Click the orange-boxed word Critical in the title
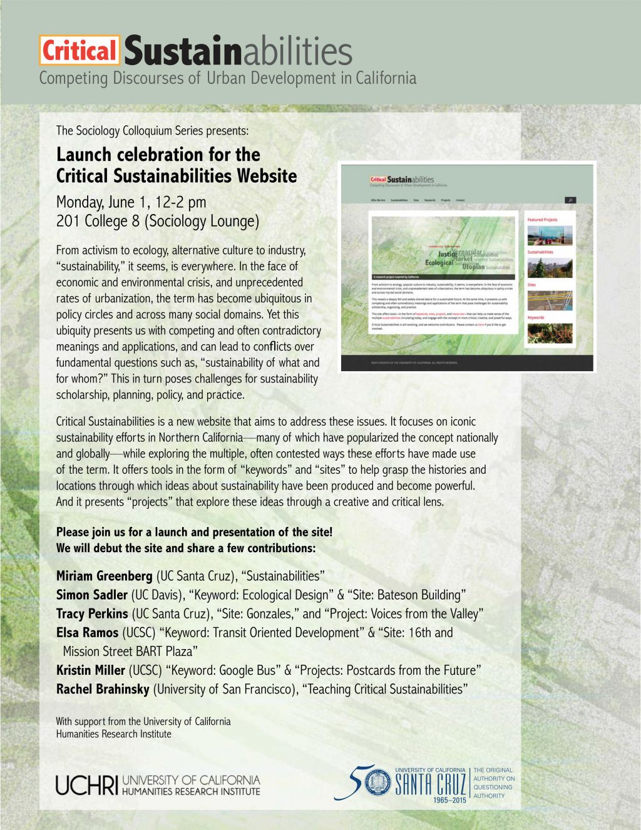[x=79, y=51]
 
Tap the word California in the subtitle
[x=386, y=79]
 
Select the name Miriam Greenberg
[x=104, y=576]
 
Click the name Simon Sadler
[x=91, y=595]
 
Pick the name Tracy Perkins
[x=92, y=613]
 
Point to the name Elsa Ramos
[x=87, y=632]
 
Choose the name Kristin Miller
[x=91, y=670]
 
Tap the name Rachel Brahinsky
[x=103, y=689]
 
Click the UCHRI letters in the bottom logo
[x=86, y=785]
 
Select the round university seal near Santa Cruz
[x=377, y=782]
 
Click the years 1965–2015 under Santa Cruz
[x=449, y=800]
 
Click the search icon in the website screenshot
[x=570, y=200]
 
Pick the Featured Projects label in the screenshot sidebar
[x=542, y=220]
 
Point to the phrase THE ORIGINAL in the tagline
[x=493, y=770]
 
